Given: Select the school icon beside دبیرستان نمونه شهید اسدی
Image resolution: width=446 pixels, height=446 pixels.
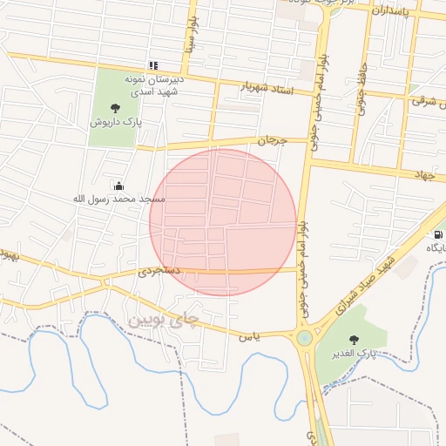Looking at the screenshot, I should (153, 65).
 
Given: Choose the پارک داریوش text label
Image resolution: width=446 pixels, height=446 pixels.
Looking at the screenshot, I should (112, 123).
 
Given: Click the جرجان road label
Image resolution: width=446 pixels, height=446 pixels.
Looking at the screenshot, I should (271, 139).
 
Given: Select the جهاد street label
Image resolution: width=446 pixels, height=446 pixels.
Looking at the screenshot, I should (423, 176).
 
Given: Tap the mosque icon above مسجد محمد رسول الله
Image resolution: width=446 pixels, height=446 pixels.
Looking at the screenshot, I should (118, 185).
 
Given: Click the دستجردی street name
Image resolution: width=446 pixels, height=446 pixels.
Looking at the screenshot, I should (159, 272).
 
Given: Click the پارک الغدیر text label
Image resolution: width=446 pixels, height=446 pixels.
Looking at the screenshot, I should (354, 355).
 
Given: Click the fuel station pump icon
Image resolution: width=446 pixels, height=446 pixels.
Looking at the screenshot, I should (436, 233).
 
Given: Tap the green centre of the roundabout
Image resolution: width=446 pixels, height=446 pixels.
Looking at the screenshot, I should (304, 338).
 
